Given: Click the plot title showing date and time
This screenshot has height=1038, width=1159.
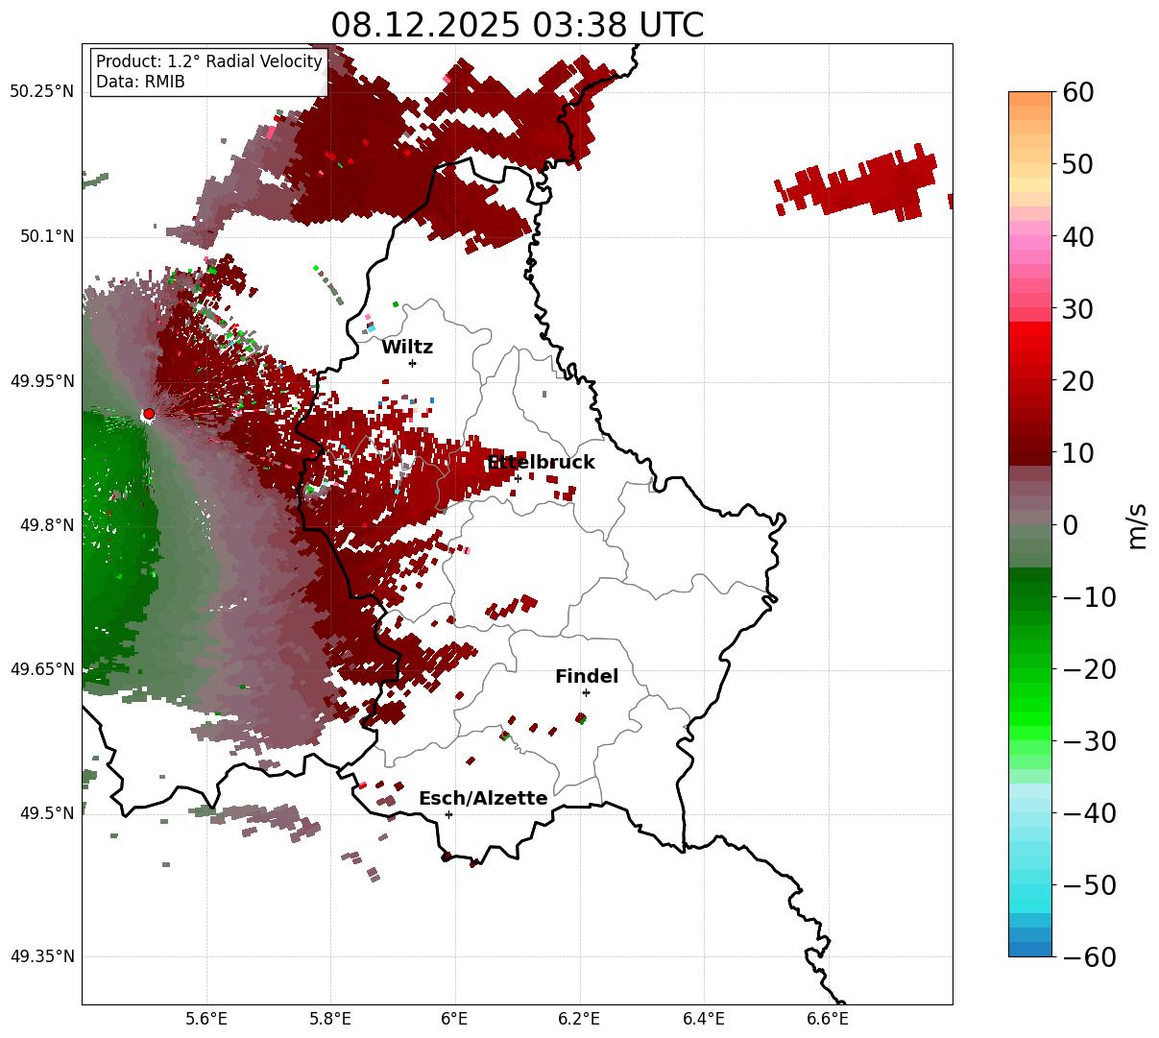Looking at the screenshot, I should pos(517,25).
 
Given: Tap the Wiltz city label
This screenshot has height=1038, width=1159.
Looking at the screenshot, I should pos(407,348).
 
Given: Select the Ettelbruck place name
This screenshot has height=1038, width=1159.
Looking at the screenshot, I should pos(541,463).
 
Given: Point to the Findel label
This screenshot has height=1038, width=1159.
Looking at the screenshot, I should pos(587,677).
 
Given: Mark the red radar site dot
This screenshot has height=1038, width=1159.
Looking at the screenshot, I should pos(148,414).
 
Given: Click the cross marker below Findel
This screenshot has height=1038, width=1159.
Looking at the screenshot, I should pos(586,692).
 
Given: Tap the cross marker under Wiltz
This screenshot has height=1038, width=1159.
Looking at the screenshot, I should pos(412,363).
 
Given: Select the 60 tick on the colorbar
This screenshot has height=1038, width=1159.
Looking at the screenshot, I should pos(1079,92).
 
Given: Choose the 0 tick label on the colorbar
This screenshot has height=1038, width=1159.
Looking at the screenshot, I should pos(1070,524).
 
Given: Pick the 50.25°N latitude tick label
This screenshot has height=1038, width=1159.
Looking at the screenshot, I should pos(42,92).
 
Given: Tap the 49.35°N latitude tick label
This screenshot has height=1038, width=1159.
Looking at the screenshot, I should pos(42,956).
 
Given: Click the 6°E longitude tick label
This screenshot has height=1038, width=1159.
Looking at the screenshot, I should pos(454,1019).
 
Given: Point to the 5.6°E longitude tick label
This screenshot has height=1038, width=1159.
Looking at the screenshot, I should pos(206,1019).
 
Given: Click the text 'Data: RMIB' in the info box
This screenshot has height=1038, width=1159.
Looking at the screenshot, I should pos(140,82).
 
